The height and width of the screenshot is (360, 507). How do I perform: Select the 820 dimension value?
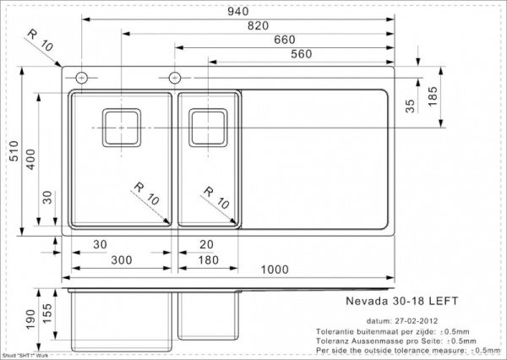point(258,25)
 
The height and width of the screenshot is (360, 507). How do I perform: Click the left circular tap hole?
point(82,78)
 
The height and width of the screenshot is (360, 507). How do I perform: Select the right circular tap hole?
point(175,78)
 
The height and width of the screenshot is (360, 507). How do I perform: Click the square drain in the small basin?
point(207,128)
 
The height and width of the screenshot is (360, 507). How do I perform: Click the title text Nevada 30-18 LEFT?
point(388,299)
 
